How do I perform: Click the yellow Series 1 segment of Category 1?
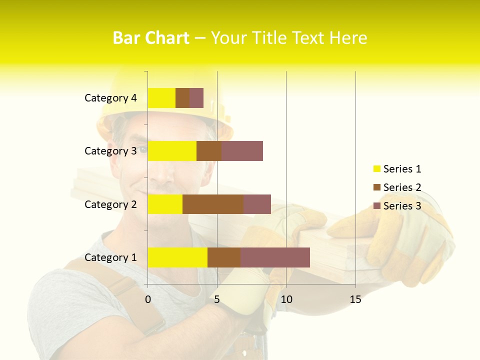point(177,257)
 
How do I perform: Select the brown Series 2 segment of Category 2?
point(212,204)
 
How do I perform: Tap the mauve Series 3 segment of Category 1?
point(275,257)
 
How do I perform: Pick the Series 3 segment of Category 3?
point(242,151)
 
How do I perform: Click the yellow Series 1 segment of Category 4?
point(161,98)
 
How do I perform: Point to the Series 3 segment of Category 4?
point(196,98)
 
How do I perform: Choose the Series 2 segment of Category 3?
point(208,151)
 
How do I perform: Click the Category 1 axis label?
point(110,257)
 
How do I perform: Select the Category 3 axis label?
point(110,151)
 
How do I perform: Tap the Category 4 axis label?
point(110,98)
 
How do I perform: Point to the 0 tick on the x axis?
point(148,300)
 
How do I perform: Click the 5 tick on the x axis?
point(217,300)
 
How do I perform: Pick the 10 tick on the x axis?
point(286,300)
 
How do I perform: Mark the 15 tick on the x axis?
point(355,300)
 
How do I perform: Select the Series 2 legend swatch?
point(376,187)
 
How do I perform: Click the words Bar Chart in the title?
point(151,38)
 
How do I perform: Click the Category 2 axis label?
point(110,204)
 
